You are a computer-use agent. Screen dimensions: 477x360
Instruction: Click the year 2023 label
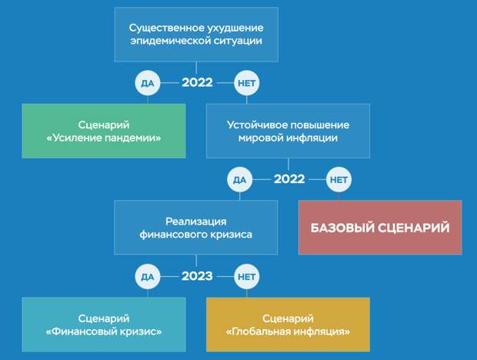[x=197, y=276]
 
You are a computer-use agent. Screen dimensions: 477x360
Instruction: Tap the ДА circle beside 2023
[x=148, y=277]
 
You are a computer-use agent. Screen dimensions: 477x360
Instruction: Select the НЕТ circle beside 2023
[x=247, y=277]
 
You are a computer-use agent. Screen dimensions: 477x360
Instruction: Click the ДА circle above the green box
[x=148, y=83]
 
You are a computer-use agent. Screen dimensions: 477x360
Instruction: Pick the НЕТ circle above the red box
[x=339, y=180]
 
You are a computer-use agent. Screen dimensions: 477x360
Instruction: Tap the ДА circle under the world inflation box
[x=240, y=180]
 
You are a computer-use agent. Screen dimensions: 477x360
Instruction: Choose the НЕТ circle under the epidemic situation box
[x=247, y=83]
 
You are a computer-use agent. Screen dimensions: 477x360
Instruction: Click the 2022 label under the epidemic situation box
[x=197, y=82]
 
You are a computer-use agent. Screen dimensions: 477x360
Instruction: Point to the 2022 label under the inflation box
[x=289, y=179]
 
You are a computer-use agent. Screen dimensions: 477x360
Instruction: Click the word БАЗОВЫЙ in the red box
[x=343, y=228]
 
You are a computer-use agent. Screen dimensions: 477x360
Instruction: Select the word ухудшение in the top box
[x=235, y=28]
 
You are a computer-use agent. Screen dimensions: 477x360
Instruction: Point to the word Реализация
[x=196, y=222]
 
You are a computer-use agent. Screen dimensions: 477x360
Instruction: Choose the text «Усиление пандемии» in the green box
[x=104, y=138]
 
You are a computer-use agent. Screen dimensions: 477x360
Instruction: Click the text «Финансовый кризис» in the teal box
[x=104, y=332]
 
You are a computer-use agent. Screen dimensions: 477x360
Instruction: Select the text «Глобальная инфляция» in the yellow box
[x=288, y=332]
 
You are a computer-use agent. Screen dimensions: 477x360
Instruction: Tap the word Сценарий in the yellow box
[x=288, y=318]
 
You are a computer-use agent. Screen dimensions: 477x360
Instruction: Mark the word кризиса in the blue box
[x=234, y=235]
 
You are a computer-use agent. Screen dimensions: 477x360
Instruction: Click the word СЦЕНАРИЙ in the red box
[x=415, y=228]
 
